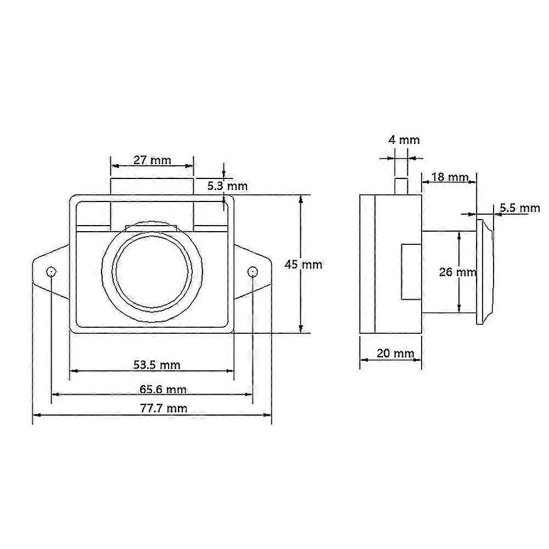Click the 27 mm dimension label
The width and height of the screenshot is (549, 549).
click(x=152, y=160)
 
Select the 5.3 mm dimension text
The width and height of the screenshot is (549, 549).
click(x=227, y=186)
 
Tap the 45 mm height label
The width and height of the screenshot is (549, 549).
click(x=303, y=264)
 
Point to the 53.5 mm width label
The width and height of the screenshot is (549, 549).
click(x=156, y=365)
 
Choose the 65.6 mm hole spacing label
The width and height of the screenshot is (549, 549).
click(x=163, y=389)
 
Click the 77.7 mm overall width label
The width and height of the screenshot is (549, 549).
click(x=164, y=408)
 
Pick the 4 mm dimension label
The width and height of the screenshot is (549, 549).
click(x=404, y=140)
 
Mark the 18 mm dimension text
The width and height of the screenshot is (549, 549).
click(x=450, y=177)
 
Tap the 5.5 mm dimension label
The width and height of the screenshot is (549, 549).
click(x=519, y=208)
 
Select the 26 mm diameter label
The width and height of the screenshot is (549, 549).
click(x=458, y=272)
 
